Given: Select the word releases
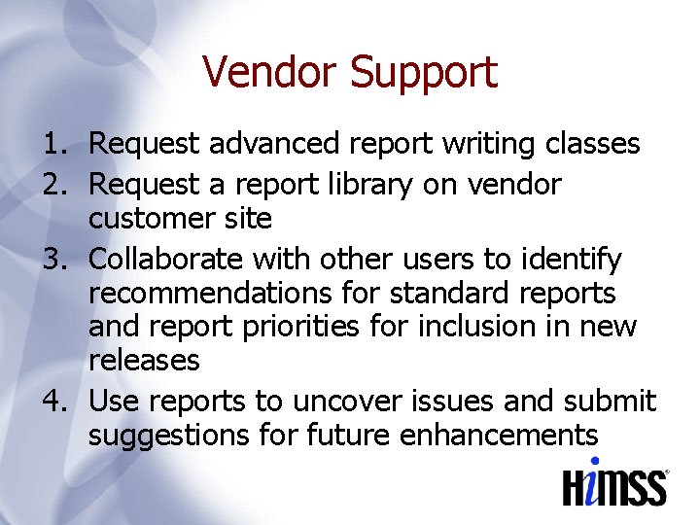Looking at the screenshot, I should point(144,361).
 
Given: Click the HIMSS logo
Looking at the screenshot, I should point(615,483).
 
